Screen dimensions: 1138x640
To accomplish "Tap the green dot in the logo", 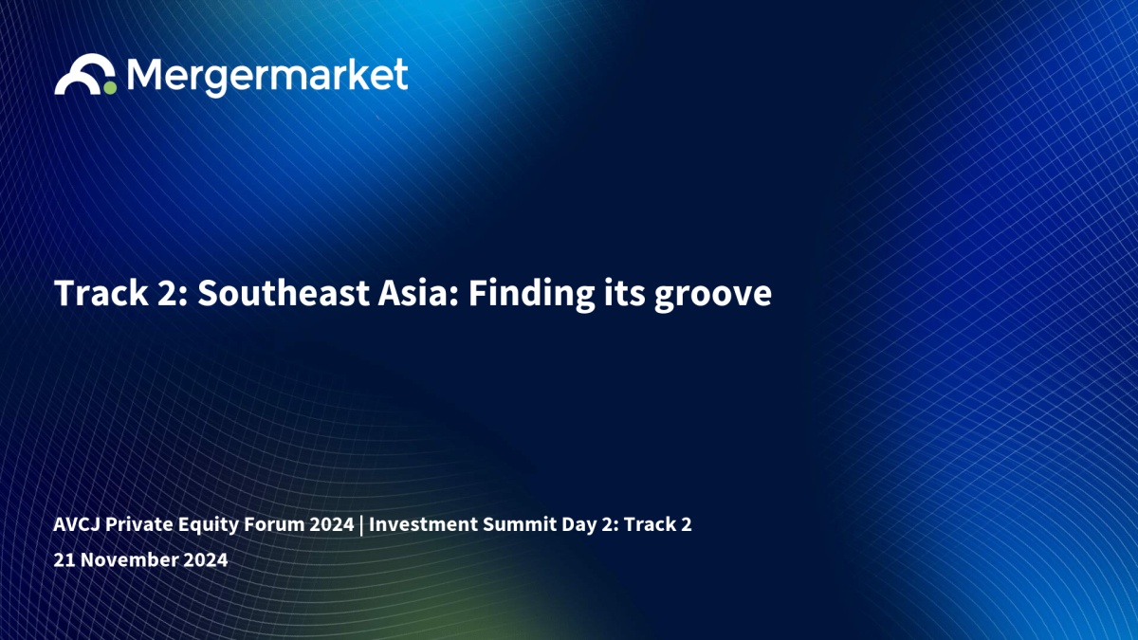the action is pyautogui.click(x=110, y=88).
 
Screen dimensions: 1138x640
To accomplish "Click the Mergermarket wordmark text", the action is pyautogui.click(x=267, y=77).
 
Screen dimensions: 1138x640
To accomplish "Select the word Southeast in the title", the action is pyautogui.click(x=283, y=293).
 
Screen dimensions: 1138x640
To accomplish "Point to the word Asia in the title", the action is pyautogui.click(x=418, y=293).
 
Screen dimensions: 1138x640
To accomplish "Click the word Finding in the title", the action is pyautogui.click(x=531, y=295).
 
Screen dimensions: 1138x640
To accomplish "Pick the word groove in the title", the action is pyautogui.click(x=713, y=297).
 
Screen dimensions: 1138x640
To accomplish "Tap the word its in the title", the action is pyautogui.click(x=624, y=293).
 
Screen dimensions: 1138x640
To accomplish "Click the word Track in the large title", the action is pyautogui.click(x=101, y=293).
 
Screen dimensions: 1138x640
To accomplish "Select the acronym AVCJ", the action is pyautogui.click(x=77, y=524).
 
